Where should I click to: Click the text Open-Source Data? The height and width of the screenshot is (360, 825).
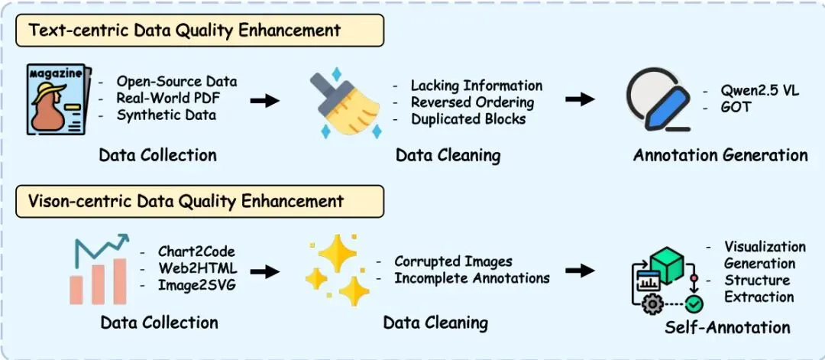click(176, 82)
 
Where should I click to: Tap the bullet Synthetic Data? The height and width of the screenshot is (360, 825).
click(167, 115)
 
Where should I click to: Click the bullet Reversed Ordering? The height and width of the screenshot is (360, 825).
click(472, 102)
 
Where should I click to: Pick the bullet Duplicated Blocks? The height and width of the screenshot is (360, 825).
click(468, 118)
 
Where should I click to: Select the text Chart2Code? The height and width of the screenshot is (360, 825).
click(196, 251)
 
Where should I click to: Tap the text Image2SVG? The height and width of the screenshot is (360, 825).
click(196, 285)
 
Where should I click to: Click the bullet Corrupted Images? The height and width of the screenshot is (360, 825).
click(453, 261)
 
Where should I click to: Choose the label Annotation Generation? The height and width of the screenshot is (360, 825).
click(720, 155)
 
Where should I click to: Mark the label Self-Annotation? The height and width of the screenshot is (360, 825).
click(727, 327)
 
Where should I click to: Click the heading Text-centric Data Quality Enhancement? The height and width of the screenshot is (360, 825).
click(185, 31)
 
